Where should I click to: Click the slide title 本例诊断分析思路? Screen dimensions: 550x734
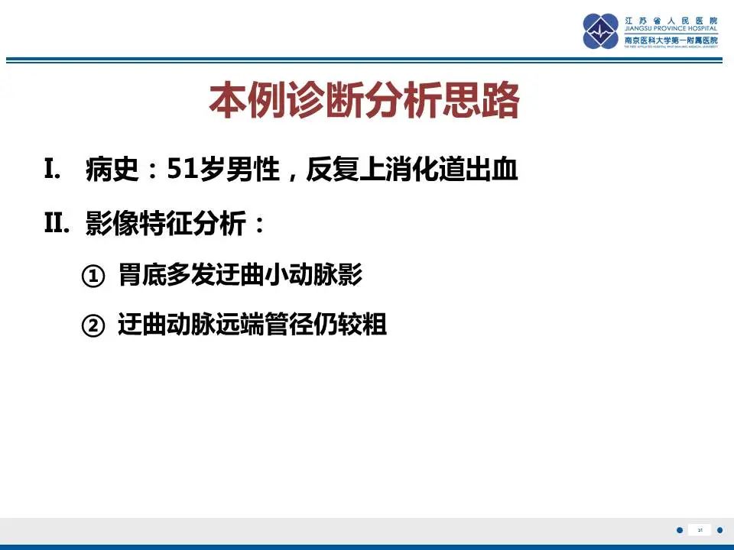(x=364, y=101)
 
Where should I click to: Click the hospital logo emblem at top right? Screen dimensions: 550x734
(x=600, y=31)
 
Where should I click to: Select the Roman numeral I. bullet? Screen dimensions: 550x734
(x=53, y=170)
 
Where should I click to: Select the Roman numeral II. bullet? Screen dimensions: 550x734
(x=57, y=224)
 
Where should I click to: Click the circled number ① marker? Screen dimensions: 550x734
(x=92, y=277)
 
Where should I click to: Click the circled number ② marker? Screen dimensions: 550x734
(x=92, y=327)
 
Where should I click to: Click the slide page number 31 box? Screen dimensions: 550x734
(x=700, y=530)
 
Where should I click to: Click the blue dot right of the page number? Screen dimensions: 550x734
(x=719, y=530)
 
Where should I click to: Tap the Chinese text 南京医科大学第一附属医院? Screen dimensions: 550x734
(x=672, y=40)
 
